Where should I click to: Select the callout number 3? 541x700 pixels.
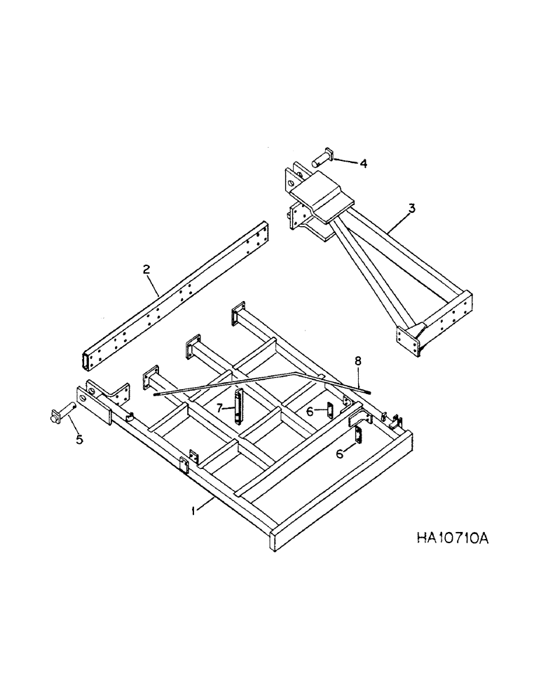(x=412, y=208)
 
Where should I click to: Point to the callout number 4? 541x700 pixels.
(x=363, y=164)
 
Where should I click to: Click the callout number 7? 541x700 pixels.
(x=219, y=407)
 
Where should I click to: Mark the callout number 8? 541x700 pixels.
(x=357, y=362)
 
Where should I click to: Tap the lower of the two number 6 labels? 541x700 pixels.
(x=341, y=454)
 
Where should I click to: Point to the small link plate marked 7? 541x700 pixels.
(x=239, y=406)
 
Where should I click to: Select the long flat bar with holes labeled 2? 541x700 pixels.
(x=175, y=294)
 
